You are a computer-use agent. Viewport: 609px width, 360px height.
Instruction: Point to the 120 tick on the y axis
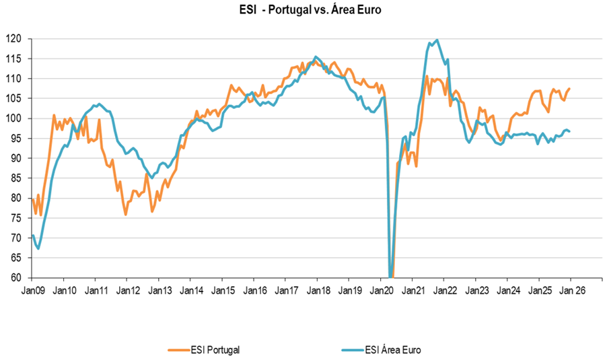click(15, 39)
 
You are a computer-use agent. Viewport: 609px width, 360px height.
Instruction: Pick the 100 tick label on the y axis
click(15, 118)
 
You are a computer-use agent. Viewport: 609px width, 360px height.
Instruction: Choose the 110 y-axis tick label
click(15, 79)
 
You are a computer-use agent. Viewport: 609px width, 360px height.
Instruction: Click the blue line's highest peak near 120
click(437, 40)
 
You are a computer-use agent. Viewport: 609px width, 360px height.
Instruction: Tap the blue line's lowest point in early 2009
click(38, 248)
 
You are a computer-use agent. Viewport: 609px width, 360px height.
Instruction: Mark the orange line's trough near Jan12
click(126, 215)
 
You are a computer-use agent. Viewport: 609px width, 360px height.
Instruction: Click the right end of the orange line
click(570, 88)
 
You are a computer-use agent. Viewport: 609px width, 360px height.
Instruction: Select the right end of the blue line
click(570, 131)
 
